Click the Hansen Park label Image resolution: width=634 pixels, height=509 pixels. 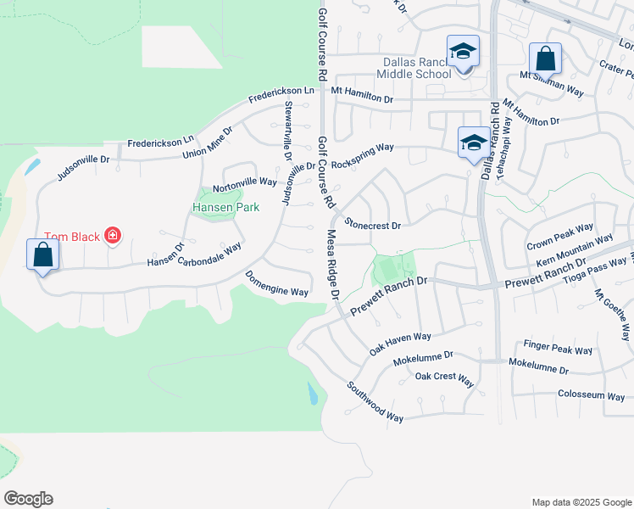click(x=225, y=207)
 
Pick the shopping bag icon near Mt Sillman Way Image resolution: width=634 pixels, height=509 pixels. click(x=546, y=59)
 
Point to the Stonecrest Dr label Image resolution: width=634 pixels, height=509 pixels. click(x=372, y=225)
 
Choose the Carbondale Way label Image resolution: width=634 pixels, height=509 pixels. click(x=209, y=255)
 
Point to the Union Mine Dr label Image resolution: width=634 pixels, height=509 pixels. click(x=207, y=143)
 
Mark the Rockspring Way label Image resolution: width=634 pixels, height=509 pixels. click(x=363, y=155)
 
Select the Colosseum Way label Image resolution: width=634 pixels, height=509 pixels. click(x=592, y=394)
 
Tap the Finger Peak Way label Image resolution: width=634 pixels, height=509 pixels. click(x=558, y=349)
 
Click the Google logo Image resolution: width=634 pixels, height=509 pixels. click(x=28, y=499)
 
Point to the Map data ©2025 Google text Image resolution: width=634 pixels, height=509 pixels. click(x=581, y=502)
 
